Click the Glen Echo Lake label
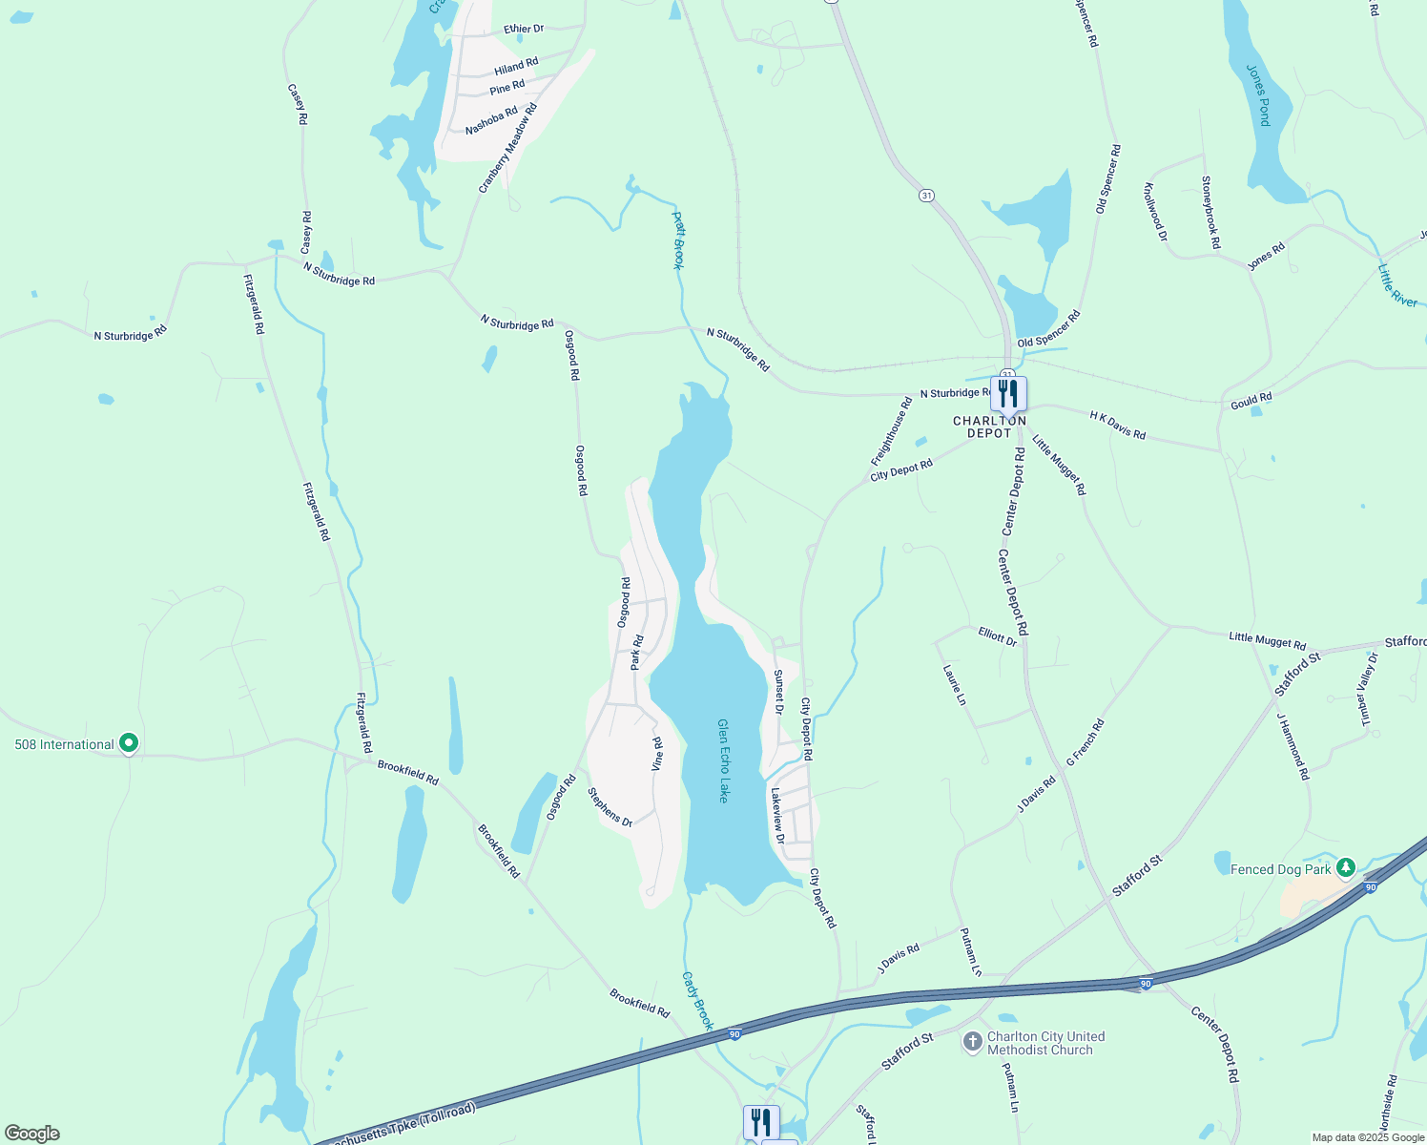tap(723, 760)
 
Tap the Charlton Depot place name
tap(990, 427)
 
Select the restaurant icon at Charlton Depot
tap(1008, 393)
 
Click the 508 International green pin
tap(129, 743)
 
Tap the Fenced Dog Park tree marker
tap(1345, 868)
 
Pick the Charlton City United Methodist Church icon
tap(972, 1042)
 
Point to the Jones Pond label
tap(1259, 95)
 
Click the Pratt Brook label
tap(678, 240)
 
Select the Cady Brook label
tap(697, 1001)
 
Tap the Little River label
tap(1397, 285)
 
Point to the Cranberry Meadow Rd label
tap(508, 148)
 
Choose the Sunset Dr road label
tap(778, 692)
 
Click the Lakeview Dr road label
tap(777, 816)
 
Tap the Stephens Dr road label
tap(610, 807)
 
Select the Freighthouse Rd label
tap(892, 431)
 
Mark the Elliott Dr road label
tap(998, 636)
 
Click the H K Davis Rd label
tap(1117, 426)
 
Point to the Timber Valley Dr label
tap(1369, 689)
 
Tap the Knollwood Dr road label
tap(1155, 211)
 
